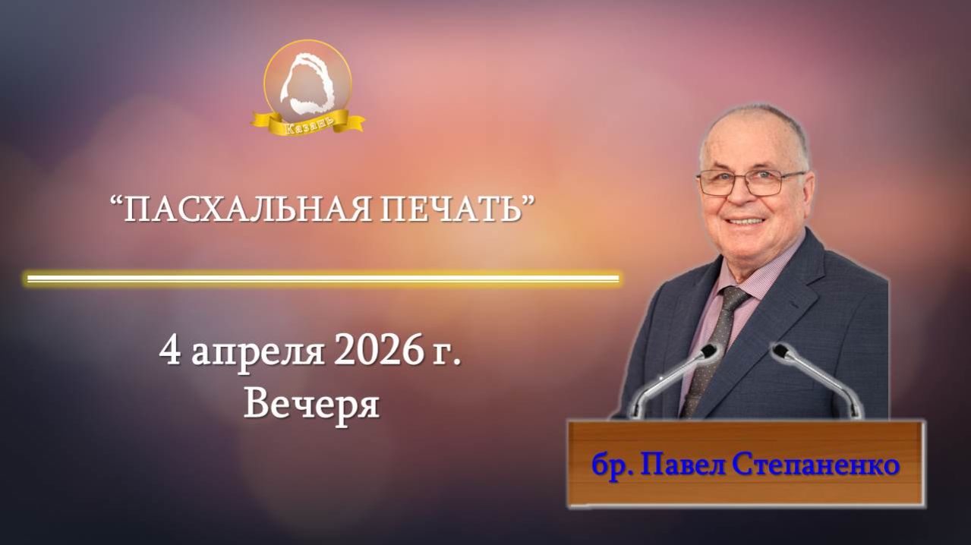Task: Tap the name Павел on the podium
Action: click(684, 465)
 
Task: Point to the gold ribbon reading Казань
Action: click(308, 122)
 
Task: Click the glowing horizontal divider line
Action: click(323, 279)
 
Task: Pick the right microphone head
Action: click(781, 351)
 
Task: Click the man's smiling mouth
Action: click(747, 220)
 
